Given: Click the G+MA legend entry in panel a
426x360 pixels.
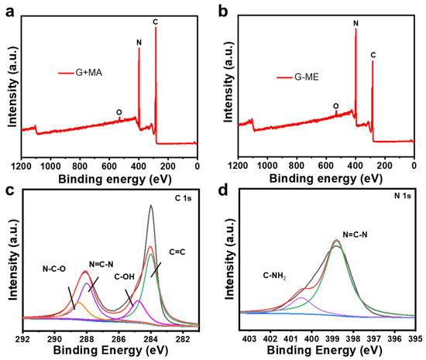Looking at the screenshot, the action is click(80, 73).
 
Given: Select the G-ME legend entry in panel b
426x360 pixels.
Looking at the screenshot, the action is click(297, 77).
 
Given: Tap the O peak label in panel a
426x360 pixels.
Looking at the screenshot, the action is click(119, 112).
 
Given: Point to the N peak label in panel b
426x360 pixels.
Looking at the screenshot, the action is click(356, 23).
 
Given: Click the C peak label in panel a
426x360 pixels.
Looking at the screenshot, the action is click(156, 22).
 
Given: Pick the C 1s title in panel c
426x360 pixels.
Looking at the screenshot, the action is click(183, 198).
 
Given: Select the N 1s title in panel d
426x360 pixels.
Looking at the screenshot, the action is click(402, 196).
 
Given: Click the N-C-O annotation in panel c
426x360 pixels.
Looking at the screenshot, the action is click(54, 269).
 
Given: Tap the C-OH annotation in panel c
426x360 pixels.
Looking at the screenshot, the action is click(124, 276).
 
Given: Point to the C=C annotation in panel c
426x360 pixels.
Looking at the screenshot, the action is click(177, 252).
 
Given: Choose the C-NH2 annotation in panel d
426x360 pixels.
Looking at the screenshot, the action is click(274, 276).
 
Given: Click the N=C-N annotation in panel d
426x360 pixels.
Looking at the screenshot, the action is click(355, 235).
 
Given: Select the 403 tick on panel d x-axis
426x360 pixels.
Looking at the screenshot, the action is click(249, 339).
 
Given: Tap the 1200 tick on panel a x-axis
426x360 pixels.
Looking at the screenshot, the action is click(22, 166).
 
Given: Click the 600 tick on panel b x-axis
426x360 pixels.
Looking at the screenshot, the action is click(326, 166).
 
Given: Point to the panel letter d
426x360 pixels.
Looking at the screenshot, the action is click(223, 190).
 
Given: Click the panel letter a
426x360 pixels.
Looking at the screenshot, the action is click(10, 12).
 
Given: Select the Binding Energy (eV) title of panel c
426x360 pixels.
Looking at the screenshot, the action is click(111, 350).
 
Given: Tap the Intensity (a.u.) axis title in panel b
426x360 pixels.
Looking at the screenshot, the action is click(228, 83).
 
